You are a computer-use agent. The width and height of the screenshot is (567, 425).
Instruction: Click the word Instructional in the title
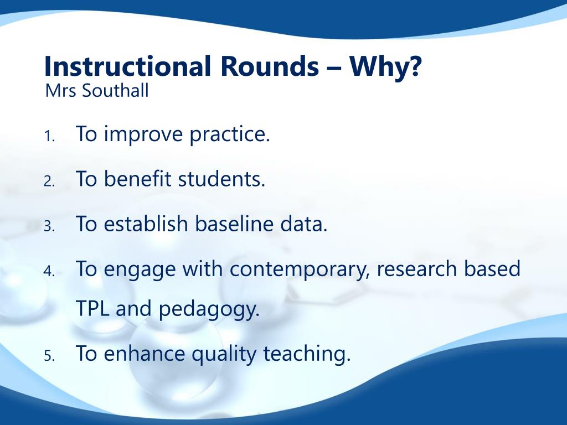click(127, 66)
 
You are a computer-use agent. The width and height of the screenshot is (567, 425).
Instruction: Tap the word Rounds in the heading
click(270, 66)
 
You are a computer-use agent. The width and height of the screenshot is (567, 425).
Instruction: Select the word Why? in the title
click(385, 67)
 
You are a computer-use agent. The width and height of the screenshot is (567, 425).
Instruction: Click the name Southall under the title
click(115, 90)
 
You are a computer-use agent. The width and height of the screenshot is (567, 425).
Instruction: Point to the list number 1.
click(49, 136)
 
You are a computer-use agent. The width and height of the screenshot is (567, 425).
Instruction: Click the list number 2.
click(49, 181)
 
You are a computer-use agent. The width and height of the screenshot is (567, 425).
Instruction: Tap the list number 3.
click(49, 226)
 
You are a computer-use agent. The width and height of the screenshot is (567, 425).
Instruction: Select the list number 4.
click(49, 271)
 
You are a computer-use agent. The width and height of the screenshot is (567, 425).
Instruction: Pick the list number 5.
click(49, 356)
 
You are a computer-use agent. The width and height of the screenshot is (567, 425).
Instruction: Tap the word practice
click(230, 135)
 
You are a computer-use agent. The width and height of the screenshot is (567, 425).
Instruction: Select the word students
click(221, 179)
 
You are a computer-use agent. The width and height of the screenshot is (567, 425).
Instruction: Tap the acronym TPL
click(92, 309)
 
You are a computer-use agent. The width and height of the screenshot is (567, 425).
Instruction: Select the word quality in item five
click(224, 354)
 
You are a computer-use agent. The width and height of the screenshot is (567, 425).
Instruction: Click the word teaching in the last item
click(307, 354)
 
